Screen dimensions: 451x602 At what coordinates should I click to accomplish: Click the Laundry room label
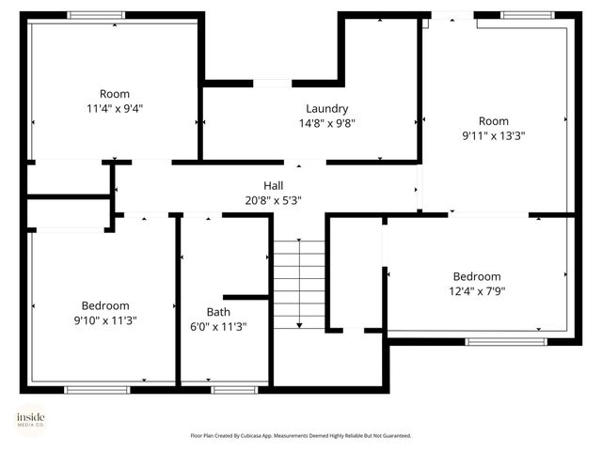coord(326,108)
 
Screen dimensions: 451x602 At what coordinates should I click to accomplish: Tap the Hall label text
coord(273,185)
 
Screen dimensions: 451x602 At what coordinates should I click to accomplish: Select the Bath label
coord(218,312)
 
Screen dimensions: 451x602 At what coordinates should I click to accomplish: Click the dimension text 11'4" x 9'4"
coord(115,108)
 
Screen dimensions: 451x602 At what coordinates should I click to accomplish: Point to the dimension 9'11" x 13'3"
coord(493,135)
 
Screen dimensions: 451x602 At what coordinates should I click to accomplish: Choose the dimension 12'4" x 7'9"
coord(477,291)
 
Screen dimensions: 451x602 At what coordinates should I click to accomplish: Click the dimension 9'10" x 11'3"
coord(105,320)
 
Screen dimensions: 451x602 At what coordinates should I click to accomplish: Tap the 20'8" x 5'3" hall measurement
coord(273,199)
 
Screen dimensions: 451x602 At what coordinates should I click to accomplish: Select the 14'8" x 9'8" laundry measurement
coord(326,123)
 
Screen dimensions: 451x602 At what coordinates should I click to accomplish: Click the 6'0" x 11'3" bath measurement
coord(218,327)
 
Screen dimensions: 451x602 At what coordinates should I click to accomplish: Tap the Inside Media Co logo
coord(30,420)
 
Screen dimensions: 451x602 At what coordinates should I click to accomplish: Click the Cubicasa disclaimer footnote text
coord(300,436)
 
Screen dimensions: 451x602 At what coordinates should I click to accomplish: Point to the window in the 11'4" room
coord(96,15)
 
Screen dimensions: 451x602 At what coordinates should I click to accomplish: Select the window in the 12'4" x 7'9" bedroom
coord(506,341)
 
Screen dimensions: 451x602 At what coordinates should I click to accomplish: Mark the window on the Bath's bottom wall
coord(234,389)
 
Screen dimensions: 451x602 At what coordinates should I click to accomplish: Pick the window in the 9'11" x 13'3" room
coord(527,15)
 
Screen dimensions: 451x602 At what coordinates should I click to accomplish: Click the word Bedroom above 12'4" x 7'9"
coord(477,276)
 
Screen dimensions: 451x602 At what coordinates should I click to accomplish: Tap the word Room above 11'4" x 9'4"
coord(115,93)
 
